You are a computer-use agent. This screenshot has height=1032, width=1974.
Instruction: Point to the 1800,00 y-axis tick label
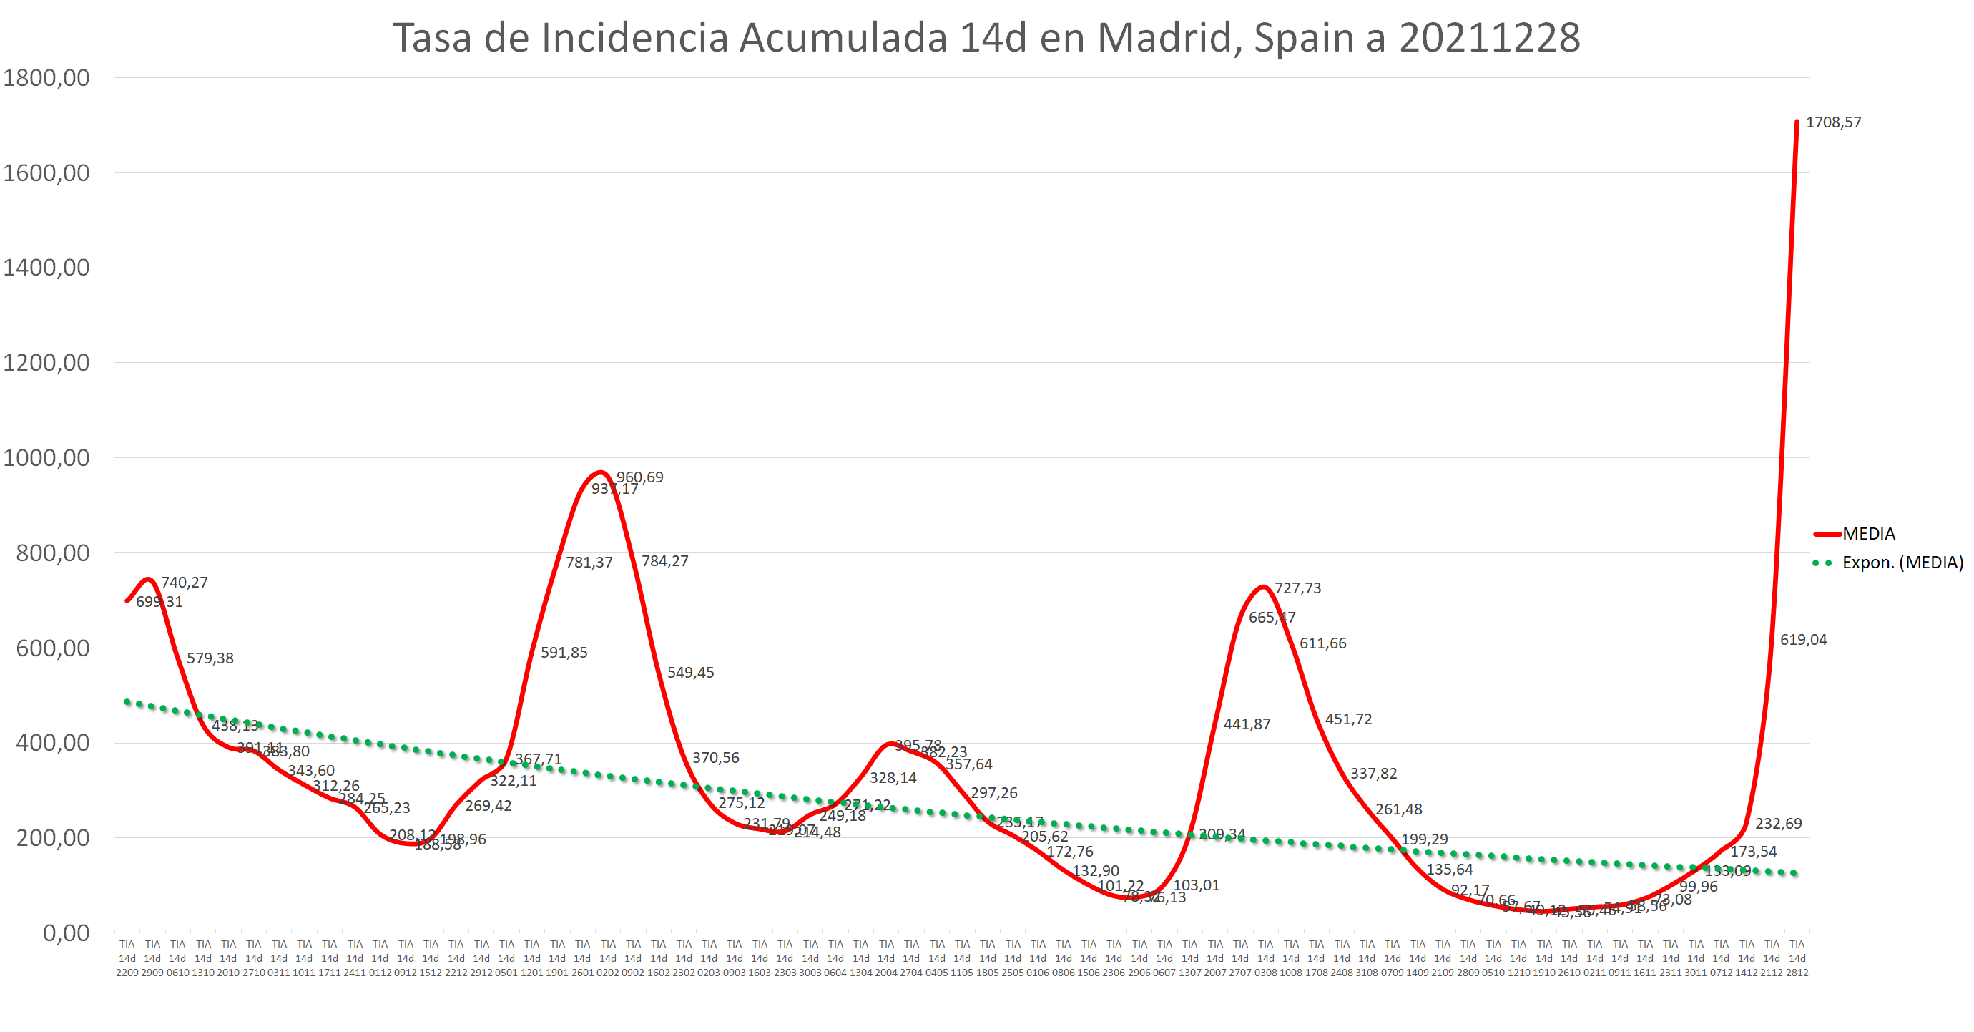click(46, 78)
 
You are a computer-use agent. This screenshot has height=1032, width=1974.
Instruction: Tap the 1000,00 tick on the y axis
click(46, 458)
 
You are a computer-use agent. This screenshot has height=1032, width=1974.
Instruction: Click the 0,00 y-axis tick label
click(66, 933)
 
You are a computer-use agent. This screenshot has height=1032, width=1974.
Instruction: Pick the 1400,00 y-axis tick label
click(46, 268)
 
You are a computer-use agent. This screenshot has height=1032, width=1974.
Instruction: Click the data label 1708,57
click(1833, 122)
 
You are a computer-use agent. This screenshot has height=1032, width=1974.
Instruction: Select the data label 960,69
click(640, 477)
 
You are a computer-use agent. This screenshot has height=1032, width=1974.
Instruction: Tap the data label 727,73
click(1297, 588)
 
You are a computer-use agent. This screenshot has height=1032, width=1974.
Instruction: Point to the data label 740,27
click(184, 583)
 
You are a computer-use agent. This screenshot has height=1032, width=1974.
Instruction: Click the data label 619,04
click(1803, 639)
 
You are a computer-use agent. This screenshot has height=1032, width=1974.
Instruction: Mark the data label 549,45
click(690, 673)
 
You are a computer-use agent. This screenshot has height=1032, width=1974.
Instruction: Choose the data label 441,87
click(1247, 724)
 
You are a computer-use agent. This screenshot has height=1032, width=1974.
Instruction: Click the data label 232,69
click(1779, 824)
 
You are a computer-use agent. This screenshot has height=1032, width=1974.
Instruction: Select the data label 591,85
click(564, 653)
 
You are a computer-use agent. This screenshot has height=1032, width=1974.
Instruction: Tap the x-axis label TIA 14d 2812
click(1797, 958)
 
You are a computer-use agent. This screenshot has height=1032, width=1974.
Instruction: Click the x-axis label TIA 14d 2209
click(127, 958)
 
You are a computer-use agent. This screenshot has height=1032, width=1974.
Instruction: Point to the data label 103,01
click(1196, 885)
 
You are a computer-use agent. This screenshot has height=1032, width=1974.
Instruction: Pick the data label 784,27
click(665, 561)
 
